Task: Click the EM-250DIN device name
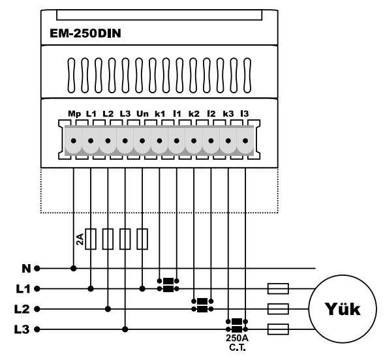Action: coord(85,33)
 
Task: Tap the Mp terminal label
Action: coord(74,114)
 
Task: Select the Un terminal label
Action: coord(142,113)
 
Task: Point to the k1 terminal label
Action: coord(160,113)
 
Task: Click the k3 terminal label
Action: coord(228,113)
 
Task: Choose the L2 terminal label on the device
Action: coord(108,113)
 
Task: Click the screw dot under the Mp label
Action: coord(74,141)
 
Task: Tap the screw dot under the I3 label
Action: coord(245,141)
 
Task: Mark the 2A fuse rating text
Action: coord(80,239)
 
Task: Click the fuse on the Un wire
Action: coord(142,239)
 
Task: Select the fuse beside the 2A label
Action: coord(91,239)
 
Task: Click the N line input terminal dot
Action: coord(37,269)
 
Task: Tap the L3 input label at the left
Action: coord(22,329)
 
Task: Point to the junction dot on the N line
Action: coord(74,269)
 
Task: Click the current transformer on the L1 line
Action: coord(168,285)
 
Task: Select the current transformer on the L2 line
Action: coord(202,305)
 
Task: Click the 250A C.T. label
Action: coord(237,343)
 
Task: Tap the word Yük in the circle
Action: coord(343,309)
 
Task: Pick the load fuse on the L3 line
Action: coord(278,329)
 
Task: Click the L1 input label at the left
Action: coord(23,289)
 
